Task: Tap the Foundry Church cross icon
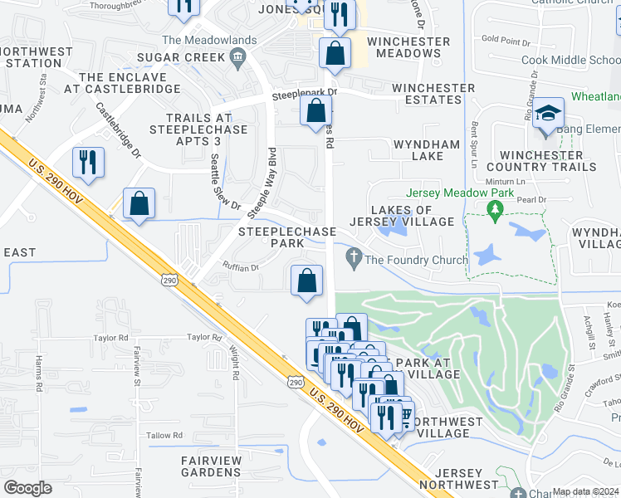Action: coord(355,261)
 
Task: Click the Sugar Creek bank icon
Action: coord(238,57)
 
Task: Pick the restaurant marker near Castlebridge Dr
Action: coord(89,162)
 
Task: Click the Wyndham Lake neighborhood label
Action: coord(426,150)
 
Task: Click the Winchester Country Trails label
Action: coord(548,161)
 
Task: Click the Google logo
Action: coord(27,488)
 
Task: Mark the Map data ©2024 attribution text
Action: coord(584,491)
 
